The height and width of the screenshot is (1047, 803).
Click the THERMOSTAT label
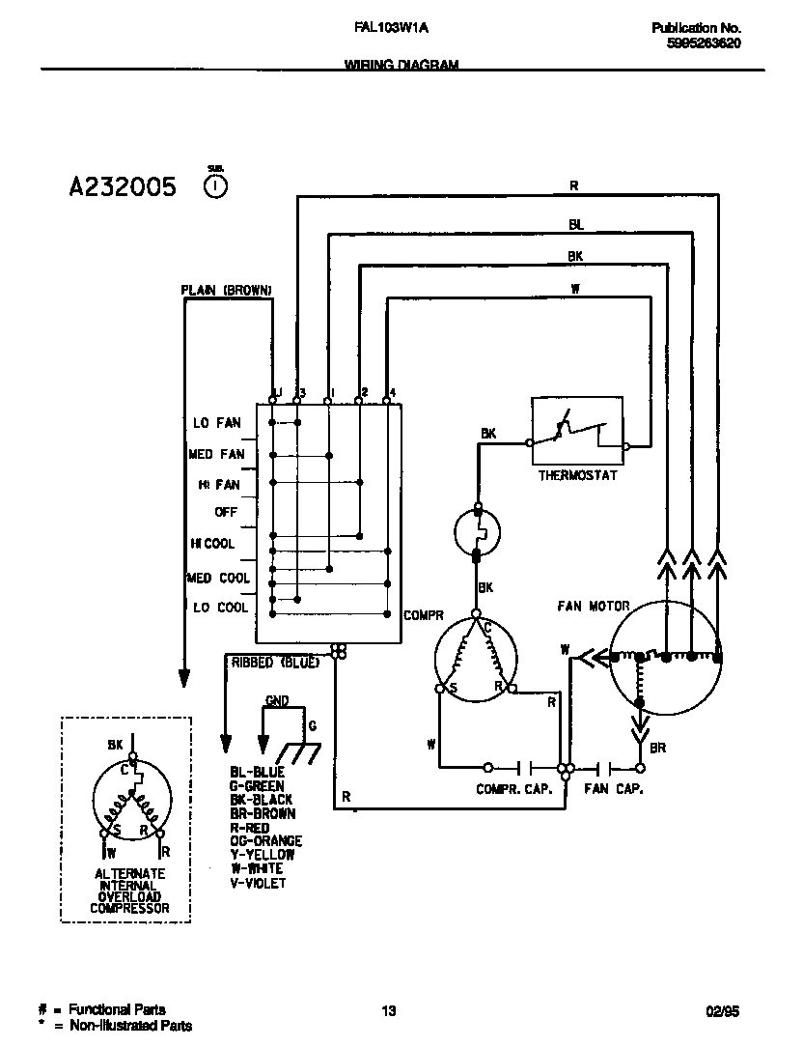pyautogui.click(x=577, y=475)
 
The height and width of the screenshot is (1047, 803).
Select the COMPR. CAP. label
pyautogui.click(x=513, y=789)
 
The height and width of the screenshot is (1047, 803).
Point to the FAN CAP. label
pyautogui.click(x=614, y=789)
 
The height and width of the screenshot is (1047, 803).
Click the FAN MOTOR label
pyautogui.click(x=593, y=607)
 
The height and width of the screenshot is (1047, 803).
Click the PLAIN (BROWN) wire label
pyautogui.click(x=226, y=290)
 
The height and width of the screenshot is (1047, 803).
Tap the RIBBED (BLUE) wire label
pyautogui.click(x=275, y=663)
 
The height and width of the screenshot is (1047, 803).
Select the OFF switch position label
pyautogui.click(x=226, y=512)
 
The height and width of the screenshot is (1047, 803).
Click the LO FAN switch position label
pyautogui.click(x=216, y=423)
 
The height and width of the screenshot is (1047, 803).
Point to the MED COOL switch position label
pyautogui.click(x=219, y=579)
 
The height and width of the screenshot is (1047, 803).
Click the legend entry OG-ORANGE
pyautogui.click(x=265, y=841)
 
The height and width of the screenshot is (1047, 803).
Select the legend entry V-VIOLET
pyautogui.click(x=258, y=883)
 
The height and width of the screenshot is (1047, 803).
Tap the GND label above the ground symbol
pyautogui.click(x=276, y=701)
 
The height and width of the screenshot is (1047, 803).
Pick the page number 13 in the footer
pyautogui.click(x=388, y=1011)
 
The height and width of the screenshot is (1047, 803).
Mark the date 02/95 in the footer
pyautogui.click(x=721, y=1011)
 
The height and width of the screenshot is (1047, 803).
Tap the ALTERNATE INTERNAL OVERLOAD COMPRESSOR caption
pyautogui.click(x=129, y=891)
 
